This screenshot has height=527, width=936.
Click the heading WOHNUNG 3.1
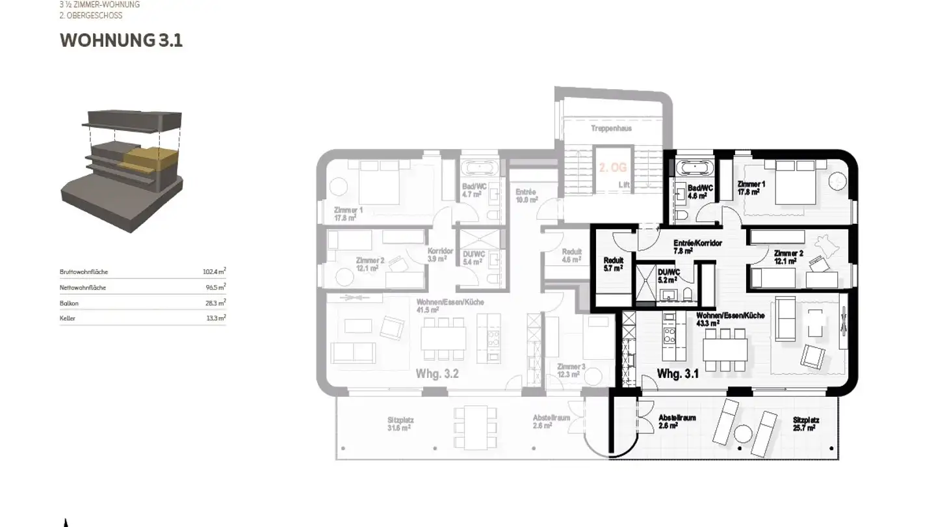(x=121, y=40)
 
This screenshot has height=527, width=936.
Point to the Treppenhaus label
(x=611, y=129)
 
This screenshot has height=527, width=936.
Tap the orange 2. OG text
(x=612, y=168)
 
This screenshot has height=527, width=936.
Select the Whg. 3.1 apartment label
(x=677, y=374)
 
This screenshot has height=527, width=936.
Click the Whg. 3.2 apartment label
(x=437, y=374)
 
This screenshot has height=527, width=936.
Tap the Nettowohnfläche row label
(x=83, y=288)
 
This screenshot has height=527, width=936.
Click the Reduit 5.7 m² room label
(x=614, y=263)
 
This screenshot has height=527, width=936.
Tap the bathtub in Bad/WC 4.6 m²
(x=695, y=168)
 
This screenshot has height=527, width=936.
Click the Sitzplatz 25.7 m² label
(x=806, y=424)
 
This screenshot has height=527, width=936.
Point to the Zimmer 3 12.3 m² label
(x=571, y=370)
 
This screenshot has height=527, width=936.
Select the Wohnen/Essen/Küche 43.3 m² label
(x=739, y=319)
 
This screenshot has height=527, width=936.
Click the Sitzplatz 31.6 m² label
(x=400, y=424)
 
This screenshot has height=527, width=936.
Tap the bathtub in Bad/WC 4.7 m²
(x=480, y=168)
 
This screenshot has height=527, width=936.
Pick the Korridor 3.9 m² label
(x=440, y=255)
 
